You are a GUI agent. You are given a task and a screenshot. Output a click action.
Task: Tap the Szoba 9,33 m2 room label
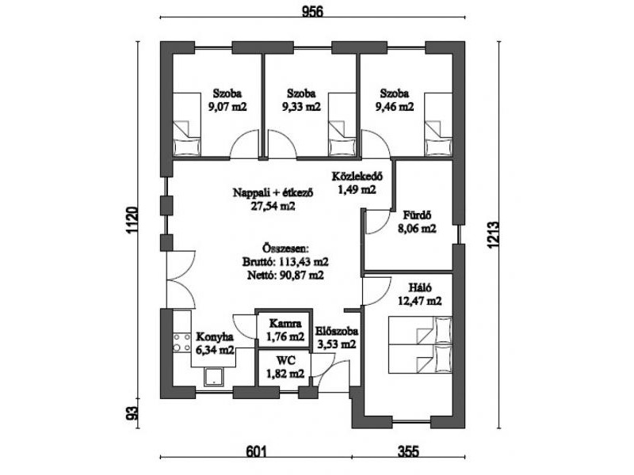point(301,99)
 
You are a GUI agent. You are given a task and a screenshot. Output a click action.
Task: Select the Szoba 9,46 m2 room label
point(394,99)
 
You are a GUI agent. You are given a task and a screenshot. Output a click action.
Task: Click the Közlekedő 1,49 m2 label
point(357,183)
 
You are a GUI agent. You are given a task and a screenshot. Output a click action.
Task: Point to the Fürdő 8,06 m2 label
point(417,222)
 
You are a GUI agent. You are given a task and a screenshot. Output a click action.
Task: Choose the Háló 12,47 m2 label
point(421,293)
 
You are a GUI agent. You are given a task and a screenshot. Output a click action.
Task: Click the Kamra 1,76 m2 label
point(285,330)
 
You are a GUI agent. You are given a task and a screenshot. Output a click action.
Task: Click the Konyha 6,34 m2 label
point(214,342)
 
